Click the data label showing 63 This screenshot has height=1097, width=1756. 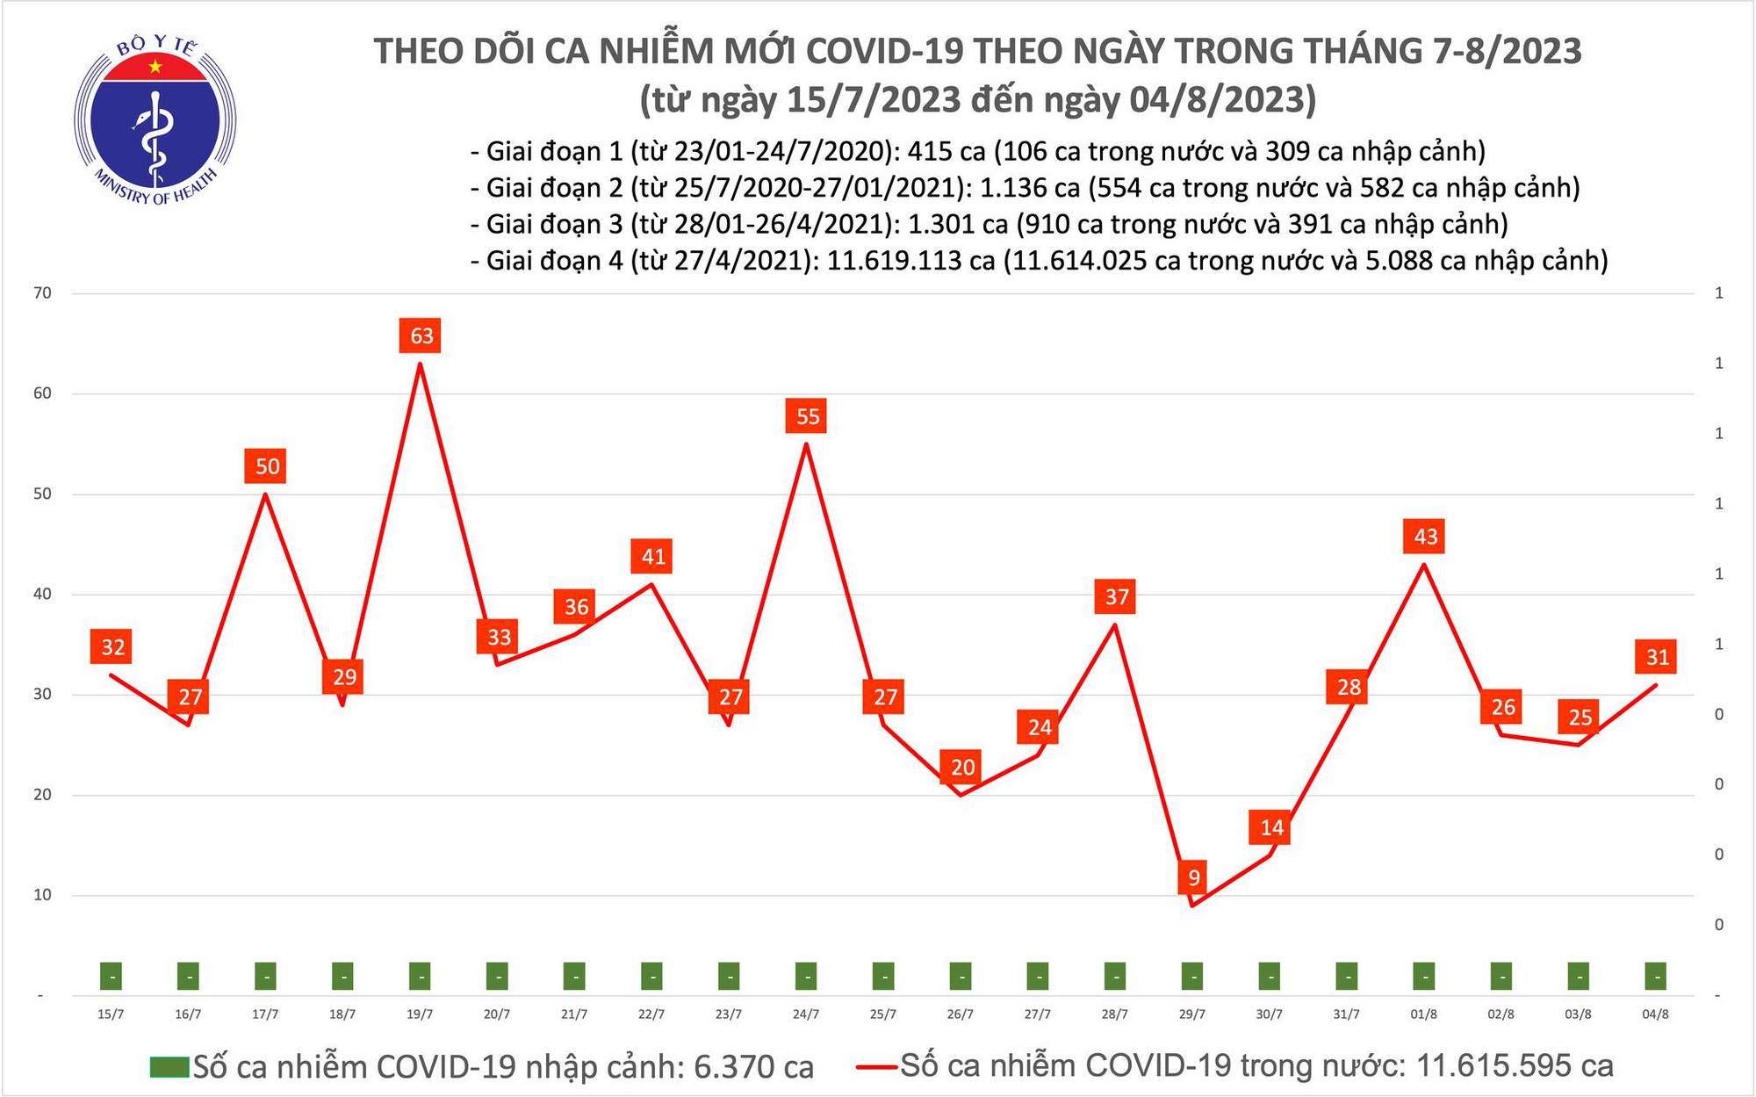coord(421,336)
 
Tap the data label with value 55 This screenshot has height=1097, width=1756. coord(807,416)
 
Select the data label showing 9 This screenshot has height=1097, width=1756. coord(1193,877)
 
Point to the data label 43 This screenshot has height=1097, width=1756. coord(1425,537)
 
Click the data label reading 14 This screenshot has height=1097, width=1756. coord(1270,827)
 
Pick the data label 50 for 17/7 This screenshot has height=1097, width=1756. coord(267,466)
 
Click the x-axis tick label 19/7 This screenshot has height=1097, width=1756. coord(420,1014)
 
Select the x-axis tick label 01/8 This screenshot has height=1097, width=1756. coord(1423,1014)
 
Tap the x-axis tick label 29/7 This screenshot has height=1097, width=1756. coord(1191,1014)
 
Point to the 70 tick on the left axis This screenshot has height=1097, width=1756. coord(42,293)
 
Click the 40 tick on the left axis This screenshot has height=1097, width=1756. coord(42,595)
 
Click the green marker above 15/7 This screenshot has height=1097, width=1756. coord(111,976)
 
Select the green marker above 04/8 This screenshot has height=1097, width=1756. coord(1655,976)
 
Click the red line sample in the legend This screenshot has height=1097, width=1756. coord(876,1067)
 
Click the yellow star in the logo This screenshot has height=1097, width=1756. coord(155,67)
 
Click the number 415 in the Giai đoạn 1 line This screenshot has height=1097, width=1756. coord(933,152)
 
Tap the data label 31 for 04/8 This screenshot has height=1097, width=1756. coord(1657,657)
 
